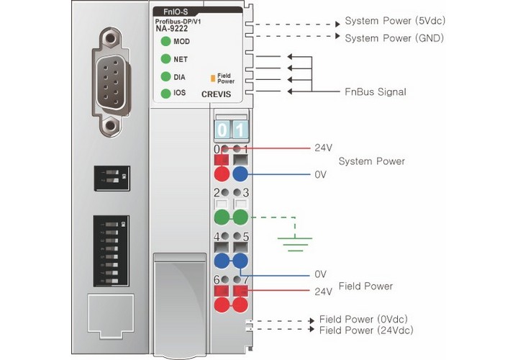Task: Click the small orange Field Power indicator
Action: pos(212,76)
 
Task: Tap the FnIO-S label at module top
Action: pos(173,12)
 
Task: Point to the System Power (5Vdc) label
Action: pos(388,20)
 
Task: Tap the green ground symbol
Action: pos(291,243)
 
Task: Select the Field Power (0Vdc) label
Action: pos(367,318)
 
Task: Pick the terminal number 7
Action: pos(245,279)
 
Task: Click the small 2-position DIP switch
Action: pos(112,176)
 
